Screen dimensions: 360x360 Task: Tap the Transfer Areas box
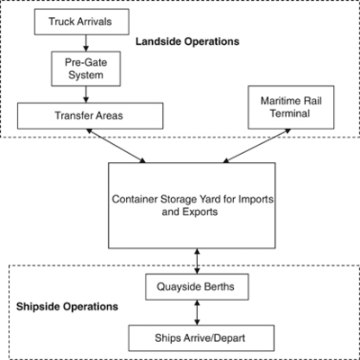[x=90, y=114]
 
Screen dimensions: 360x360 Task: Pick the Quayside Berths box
[x=196, y=289]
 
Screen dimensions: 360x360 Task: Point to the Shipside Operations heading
[x=67, y=306]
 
